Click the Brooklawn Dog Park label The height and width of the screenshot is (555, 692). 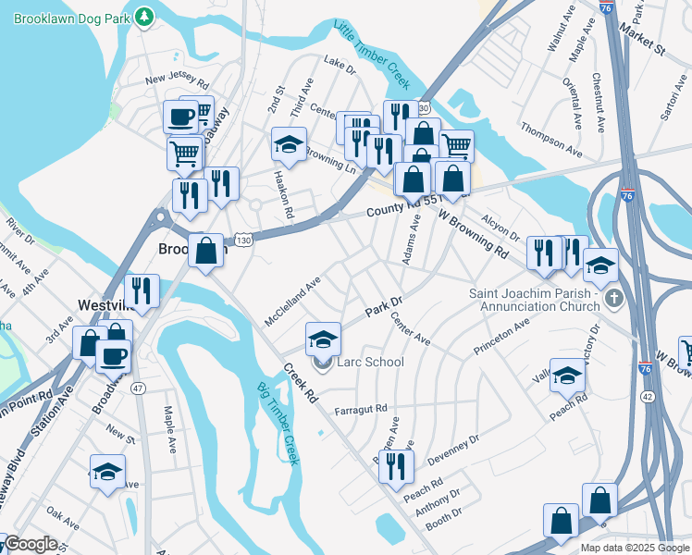pyautogui.click(x=69, y=17)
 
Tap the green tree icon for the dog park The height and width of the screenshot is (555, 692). pyautogui.click(x=144, y=17)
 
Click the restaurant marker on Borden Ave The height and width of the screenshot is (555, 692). pyautogui.click(x=396, y=468)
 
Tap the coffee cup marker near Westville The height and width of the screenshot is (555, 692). pyautogui.click(x=113, y=355)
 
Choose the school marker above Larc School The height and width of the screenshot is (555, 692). pyautogui.click(x=322, y=339)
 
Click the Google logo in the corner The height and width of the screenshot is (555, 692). pyautogui.click(x=31, y=545)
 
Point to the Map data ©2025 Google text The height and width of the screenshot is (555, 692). pyautogui.click(x=635, y=548)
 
